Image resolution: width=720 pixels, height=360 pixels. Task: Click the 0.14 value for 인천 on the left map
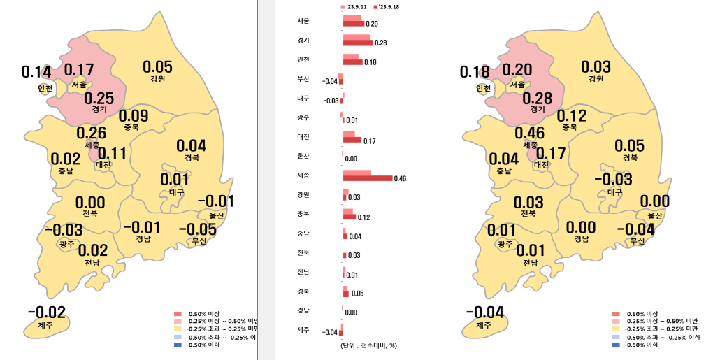[36, 72]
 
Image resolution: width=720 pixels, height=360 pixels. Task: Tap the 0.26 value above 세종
[91, 133]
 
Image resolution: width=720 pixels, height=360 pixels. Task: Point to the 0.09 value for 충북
[134, 115]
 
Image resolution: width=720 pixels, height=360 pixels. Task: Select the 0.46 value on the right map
[529, 133]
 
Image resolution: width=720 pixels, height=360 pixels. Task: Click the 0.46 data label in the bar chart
[401, 179]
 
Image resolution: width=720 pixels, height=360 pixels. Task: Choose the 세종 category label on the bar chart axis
[303, 175]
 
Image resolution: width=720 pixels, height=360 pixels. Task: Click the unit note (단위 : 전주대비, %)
[369, 345]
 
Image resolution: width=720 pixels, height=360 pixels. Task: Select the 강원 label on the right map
[596, 79]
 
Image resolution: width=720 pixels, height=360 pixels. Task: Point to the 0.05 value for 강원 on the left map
[157, 67]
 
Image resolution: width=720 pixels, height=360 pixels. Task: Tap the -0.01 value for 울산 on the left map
[216, 201]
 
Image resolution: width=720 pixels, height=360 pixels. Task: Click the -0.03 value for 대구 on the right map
[612, 180]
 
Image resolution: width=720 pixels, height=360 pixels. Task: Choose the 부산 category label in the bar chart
[303, 79]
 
